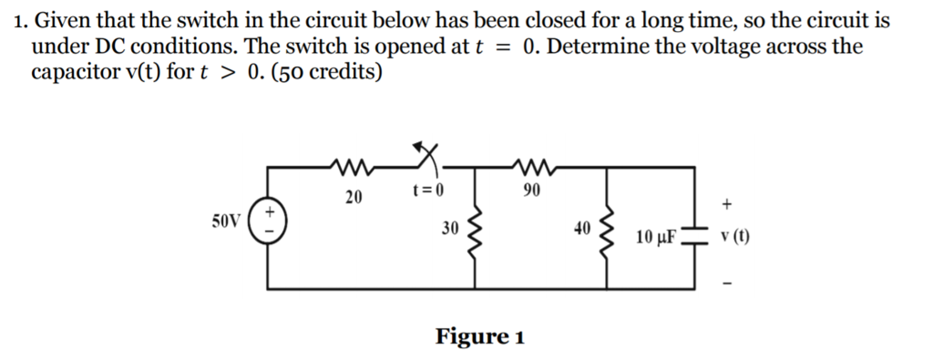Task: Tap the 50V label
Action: pyautogui.click(x=226, y=221)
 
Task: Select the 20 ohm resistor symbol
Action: pyautogui.click(x=351, y=167)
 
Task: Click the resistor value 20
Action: pyautogui.click(x=353, y=195)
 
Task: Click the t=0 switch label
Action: pyautogui.click(x=426, y=190)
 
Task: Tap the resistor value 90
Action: pyautogui.click(x=533, y=190)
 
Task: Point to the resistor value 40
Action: pyautogui.click(x=583, y=228)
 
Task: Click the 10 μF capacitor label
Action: pyautogui.click(x=656, y=238)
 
